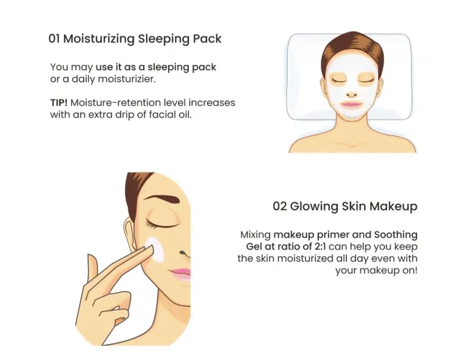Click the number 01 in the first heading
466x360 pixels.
point(54,39)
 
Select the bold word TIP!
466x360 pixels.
point(59,103)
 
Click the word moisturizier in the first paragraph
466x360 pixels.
point(127,79)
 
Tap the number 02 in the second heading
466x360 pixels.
point(280,206)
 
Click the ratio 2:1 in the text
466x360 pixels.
point(320,247)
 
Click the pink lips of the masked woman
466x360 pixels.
point(351,104)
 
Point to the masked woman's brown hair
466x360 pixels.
point(353,46)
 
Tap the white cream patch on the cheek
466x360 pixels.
point(156,250)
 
